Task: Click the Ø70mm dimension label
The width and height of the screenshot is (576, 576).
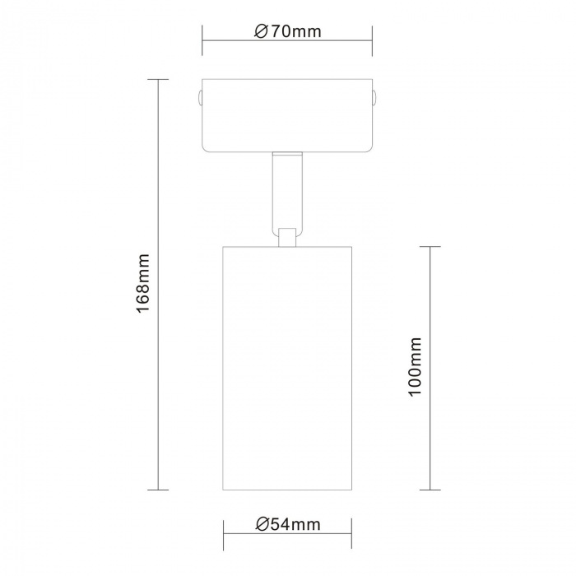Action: coord(288,31)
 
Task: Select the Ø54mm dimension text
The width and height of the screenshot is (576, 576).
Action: coord(288,524)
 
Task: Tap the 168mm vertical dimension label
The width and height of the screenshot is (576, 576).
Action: coord(143,283)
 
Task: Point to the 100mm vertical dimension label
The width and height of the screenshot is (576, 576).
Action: coord(415,366)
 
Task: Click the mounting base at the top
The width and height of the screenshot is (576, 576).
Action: coord(287,115)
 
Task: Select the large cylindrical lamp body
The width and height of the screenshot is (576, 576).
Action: coord(287,368)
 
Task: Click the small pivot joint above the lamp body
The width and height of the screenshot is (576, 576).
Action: coord(287,237)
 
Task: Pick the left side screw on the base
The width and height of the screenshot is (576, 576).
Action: coord(199,98)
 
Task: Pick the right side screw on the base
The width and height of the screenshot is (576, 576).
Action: coord(374,98)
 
